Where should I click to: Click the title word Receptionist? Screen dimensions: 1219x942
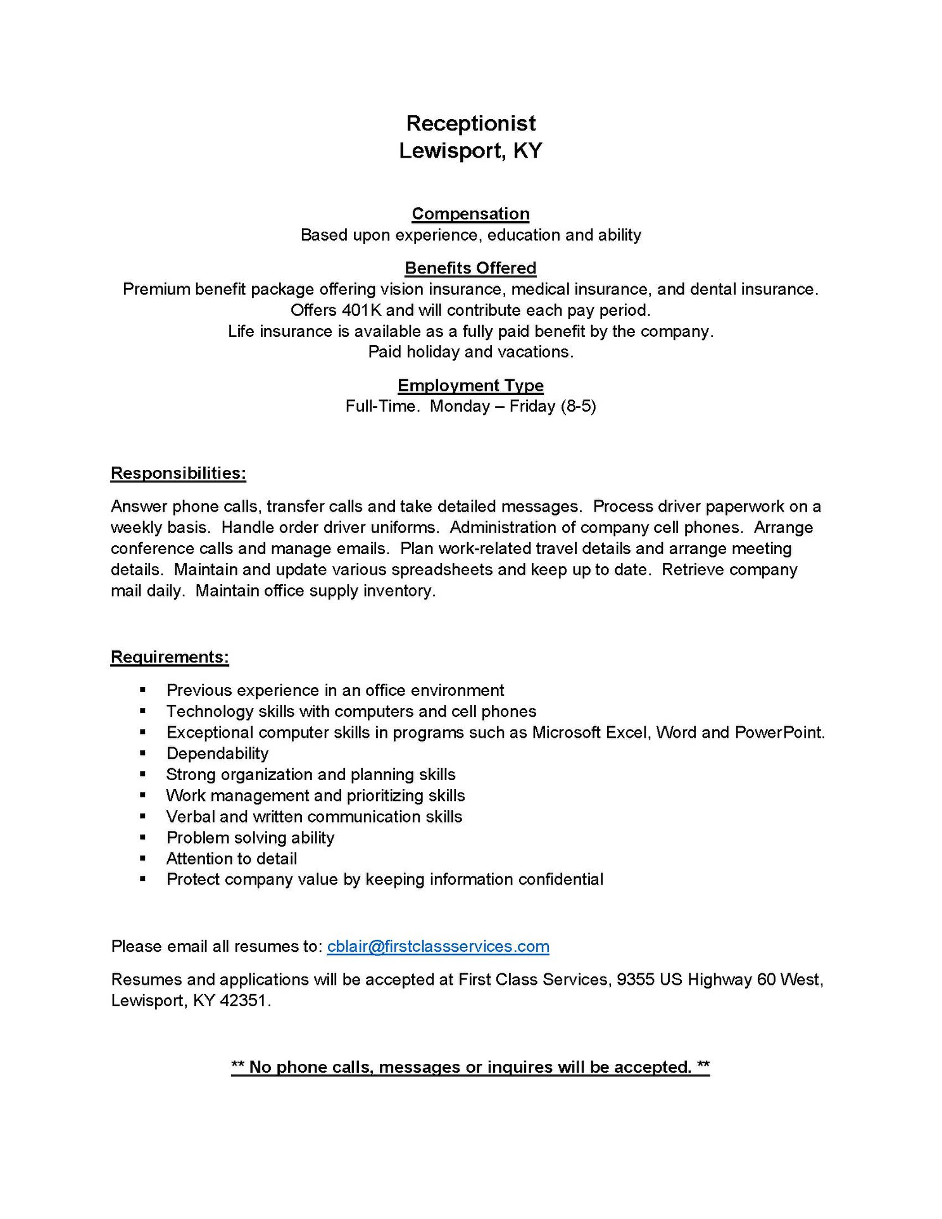tap(470, 123)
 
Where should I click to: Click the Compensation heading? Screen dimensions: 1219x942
tap(470, 214)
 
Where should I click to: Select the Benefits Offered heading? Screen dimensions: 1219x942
tap(470, 268)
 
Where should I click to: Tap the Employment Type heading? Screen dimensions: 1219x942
tap(470, 386)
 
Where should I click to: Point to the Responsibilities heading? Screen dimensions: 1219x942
tap(178, 473)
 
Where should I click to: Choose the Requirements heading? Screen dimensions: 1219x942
tap(170, 657)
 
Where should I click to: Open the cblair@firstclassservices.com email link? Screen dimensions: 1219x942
tap(438, 946)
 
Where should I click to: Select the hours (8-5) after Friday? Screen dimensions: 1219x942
tap(579, 406)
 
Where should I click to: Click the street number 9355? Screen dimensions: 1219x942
tap(636, 980)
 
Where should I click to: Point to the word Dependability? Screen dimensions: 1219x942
tap(217, 754)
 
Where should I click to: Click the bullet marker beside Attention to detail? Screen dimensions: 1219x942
tap(143, 859)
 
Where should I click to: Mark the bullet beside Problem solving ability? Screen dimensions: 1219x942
tap(143, 837)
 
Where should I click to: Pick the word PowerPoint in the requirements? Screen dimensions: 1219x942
tap(780, 733)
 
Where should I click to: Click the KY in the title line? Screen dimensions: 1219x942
tap(527, 151)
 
